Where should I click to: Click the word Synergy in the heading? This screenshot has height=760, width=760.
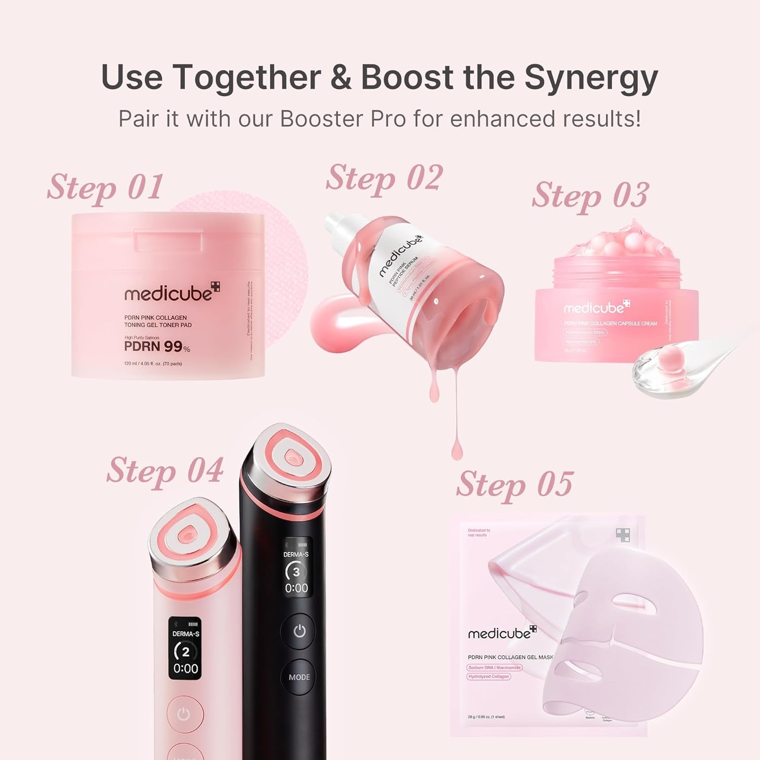pos(591,78)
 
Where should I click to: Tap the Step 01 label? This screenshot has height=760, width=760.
pos(105,187)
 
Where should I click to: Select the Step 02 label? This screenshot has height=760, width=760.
pos(384,178)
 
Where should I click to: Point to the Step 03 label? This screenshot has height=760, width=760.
pos(590,196)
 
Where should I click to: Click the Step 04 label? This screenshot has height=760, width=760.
pos(165,471)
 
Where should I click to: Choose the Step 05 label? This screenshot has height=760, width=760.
pos(514,484)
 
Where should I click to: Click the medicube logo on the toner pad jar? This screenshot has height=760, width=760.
pos(172,293)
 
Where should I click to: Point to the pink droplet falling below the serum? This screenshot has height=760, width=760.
pos(458,448)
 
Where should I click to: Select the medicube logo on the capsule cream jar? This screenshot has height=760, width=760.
pos(596,308)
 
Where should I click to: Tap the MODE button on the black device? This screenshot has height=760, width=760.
pos(299,677)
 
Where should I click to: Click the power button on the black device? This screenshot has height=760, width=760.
pos(299,631)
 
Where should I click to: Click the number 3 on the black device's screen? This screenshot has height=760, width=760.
pos(296,572)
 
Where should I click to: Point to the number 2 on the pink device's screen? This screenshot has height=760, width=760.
pos(186,652)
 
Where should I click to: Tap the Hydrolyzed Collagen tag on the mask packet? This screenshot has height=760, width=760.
pos(488,676)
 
